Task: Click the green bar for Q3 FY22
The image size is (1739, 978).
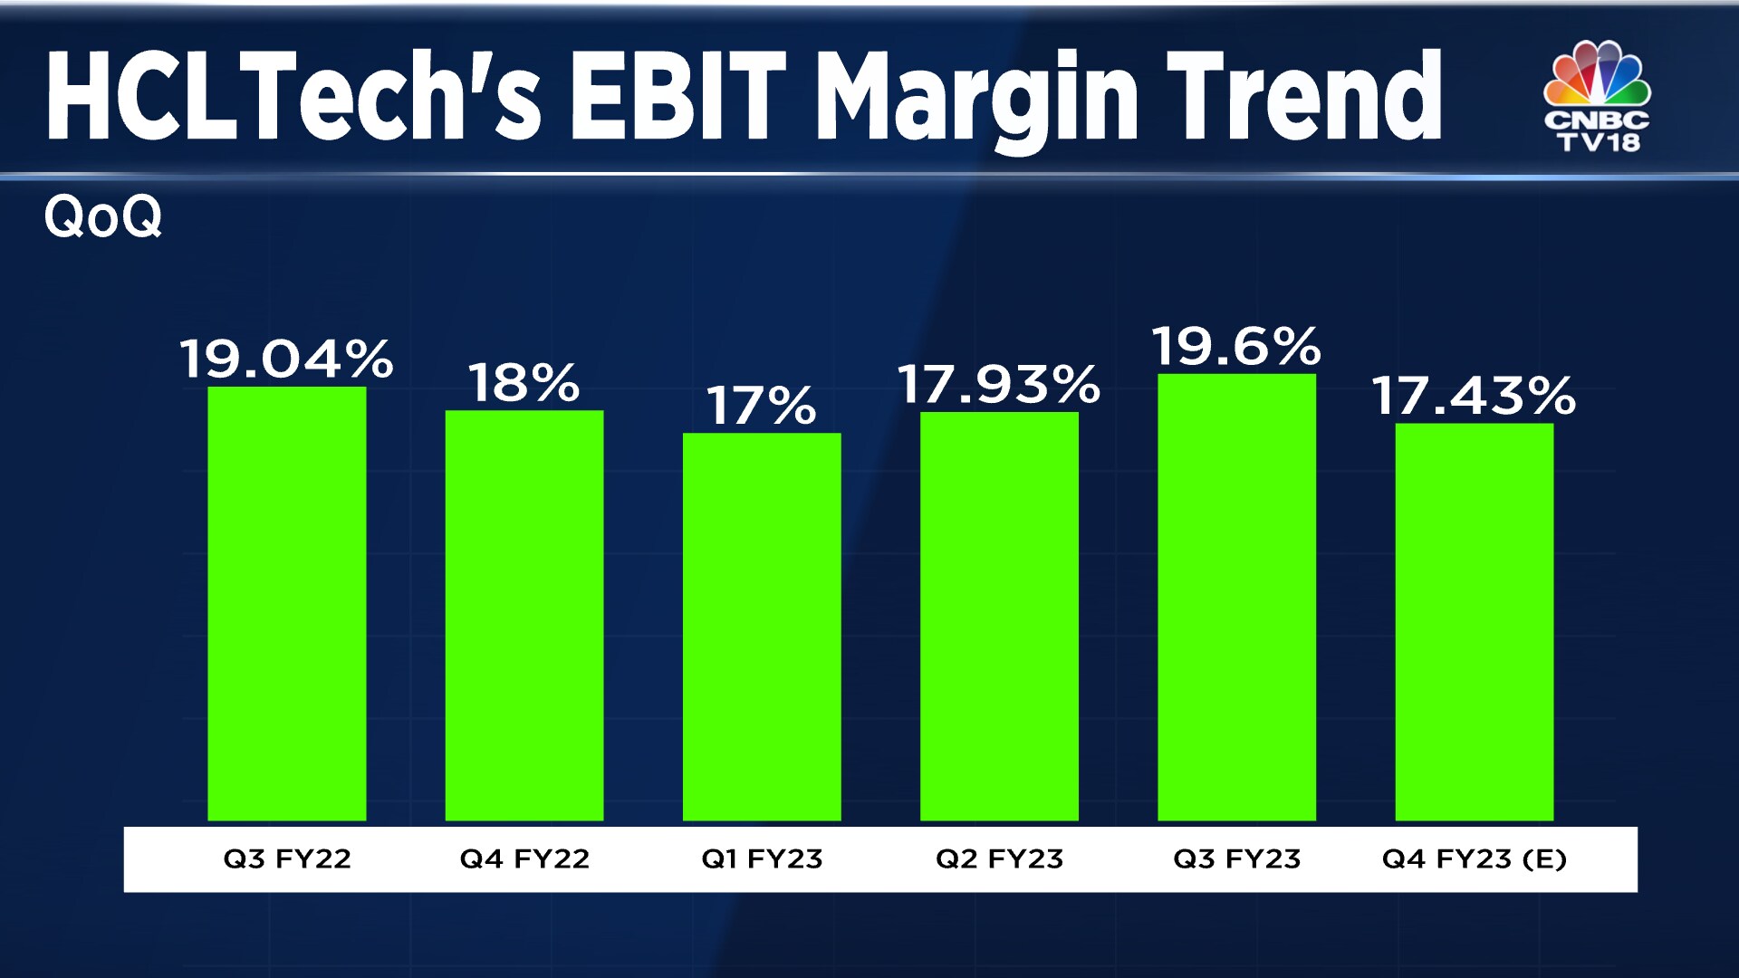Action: pos(287,604)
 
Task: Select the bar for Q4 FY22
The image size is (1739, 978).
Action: pos(524,616)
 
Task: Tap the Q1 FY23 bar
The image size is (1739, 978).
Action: pos(762,627)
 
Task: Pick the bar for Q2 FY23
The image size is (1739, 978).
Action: pos(999,617)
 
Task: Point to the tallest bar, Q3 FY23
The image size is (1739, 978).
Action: pos(1236,598)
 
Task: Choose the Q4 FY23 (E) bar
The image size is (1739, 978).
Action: pos(1474,622)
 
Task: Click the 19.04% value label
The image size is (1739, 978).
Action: pos(286,359)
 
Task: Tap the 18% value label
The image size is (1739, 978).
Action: pos(524,383)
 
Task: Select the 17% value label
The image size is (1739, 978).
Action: pos(761,406)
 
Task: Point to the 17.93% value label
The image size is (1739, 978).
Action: pos(999,384)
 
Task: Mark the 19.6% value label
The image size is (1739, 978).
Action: pos(1236,347)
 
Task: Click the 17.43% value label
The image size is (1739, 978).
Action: pos(1474,397)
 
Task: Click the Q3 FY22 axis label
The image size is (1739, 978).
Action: pos(287,858)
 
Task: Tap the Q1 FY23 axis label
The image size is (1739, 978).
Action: pos(762,858)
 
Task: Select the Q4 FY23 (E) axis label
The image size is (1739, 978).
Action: pos(1474,858)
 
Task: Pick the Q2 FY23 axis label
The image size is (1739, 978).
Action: pos(999,858)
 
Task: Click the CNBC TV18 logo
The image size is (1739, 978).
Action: pos(1598,96)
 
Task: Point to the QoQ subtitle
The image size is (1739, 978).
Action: pos(103,217)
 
